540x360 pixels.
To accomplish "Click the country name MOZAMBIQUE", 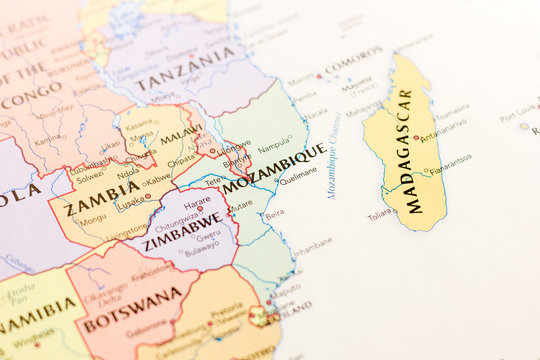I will click(272, 170).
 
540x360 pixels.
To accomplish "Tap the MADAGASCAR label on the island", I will click(408, 150).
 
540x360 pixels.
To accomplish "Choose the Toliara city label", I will click(380, 214).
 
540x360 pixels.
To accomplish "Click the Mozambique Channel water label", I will click(334, 154).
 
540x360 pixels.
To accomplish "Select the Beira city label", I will click(274, 214).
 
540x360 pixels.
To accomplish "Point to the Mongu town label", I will click(93, 219).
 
